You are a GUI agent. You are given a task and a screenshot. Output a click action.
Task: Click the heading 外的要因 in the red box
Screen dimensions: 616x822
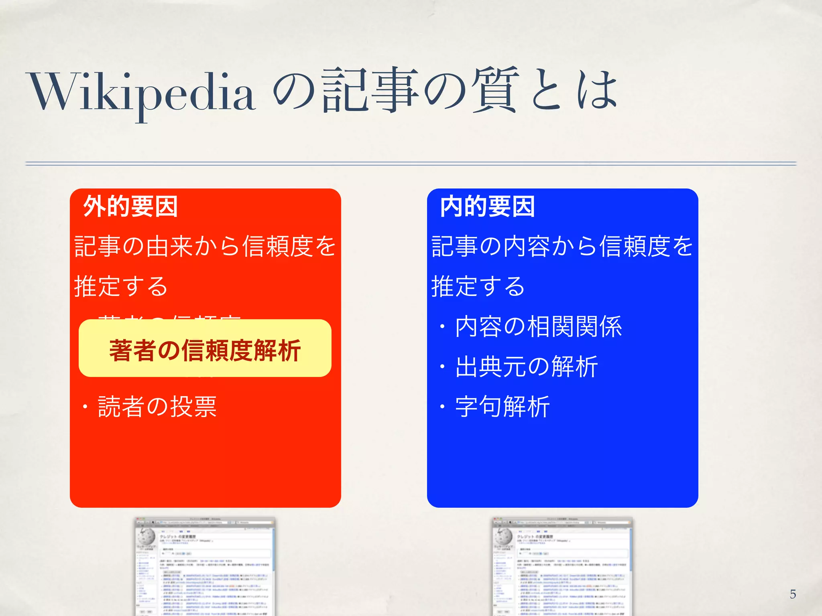click(130, 207)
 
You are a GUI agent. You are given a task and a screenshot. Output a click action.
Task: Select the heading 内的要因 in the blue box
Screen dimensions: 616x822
click(487, 207)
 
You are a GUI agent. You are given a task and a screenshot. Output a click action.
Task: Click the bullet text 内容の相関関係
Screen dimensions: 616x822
click(538, 326)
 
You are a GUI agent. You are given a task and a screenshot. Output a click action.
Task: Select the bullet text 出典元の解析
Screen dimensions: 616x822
click(526, 367)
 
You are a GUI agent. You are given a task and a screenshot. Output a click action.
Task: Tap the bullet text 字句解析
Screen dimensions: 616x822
click(502, 407)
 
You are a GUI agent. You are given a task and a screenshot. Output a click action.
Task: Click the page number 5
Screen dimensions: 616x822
click(793, 594)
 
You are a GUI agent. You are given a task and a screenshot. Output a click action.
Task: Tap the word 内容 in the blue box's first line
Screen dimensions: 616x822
click(526, 246)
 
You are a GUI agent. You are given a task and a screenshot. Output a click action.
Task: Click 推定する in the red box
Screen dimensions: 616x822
click(121, 286)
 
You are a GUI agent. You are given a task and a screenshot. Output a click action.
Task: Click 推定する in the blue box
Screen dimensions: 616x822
click(478, 286)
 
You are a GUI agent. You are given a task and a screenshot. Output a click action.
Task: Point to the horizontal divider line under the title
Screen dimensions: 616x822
click(411, 163)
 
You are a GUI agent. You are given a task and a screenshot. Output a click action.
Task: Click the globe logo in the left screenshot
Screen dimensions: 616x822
click(146, 536)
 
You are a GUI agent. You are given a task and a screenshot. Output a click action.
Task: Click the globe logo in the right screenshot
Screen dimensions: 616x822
click(503, 536)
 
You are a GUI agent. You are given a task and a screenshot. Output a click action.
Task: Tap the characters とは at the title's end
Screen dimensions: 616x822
click(574, 90)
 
